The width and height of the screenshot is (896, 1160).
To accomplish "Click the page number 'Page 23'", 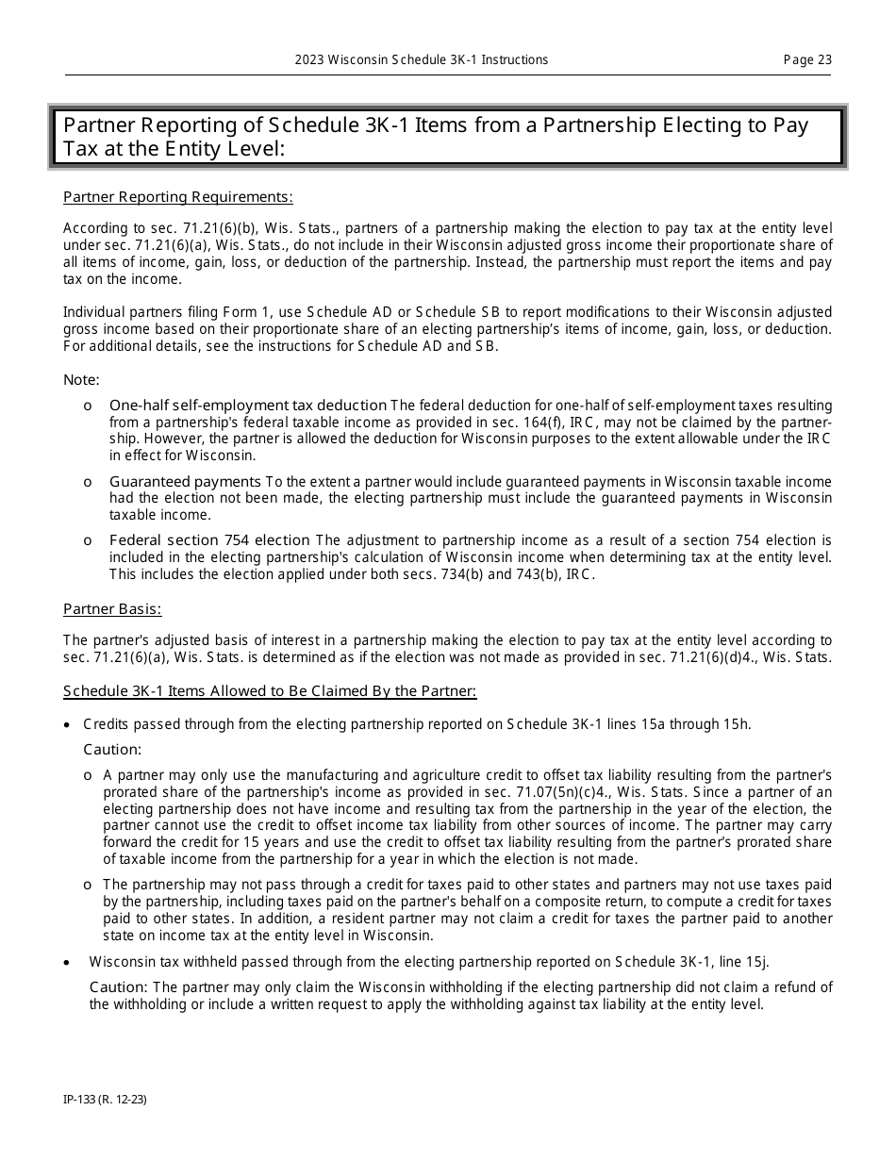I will coord(807,59).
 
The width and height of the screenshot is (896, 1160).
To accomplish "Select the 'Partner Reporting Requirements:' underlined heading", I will coord(177,197).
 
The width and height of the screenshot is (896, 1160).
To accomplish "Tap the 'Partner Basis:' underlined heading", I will coord(112,609).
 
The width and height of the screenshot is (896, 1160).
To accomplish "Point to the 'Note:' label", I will coord(81,379).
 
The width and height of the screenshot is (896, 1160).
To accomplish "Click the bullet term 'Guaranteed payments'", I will coord(185,482).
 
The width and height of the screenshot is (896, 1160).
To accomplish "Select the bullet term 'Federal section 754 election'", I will coord(209,540).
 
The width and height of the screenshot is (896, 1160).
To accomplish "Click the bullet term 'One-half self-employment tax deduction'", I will coord(248,405).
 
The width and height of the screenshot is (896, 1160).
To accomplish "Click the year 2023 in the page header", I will coord(310,59).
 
